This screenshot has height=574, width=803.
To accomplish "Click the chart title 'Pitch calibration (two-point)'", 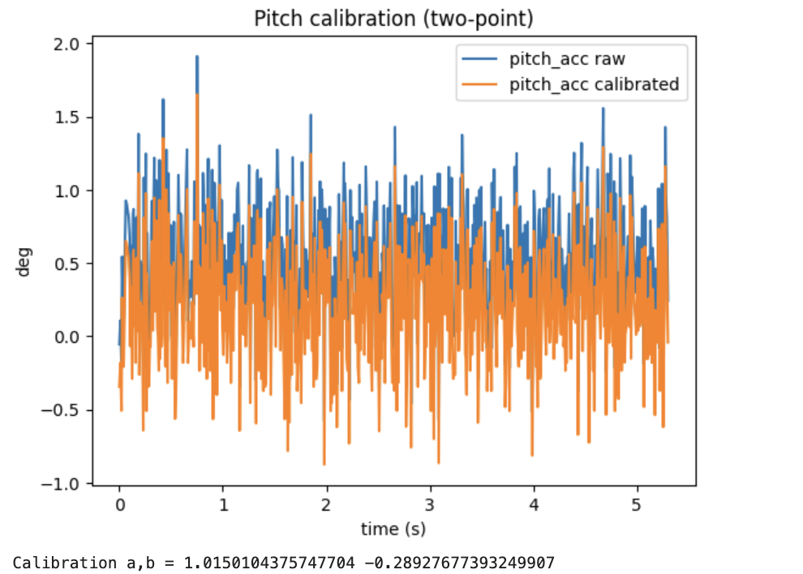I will (x=393, y=19).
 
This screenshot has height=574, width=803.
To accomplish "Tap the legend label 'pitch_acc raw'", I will (x=556, y=59).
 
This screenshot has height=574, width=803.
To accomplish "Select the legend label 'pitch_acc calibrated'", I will (x=594, y=84).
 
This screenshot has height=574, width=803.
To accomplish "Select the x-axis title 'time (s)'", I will (x=393, y=529).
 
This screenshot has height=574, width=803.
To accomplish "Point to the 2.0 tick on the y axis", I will (x=69, y=44).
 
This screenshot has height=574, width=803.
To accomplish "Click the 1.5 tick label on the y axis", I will (x=69, y=117).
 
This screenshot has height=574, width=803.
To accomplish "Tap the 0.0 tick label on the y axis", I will (x=69, y=336).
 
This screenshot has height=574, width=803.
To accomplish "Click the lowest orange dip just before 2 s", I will (x=324, y=464).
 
